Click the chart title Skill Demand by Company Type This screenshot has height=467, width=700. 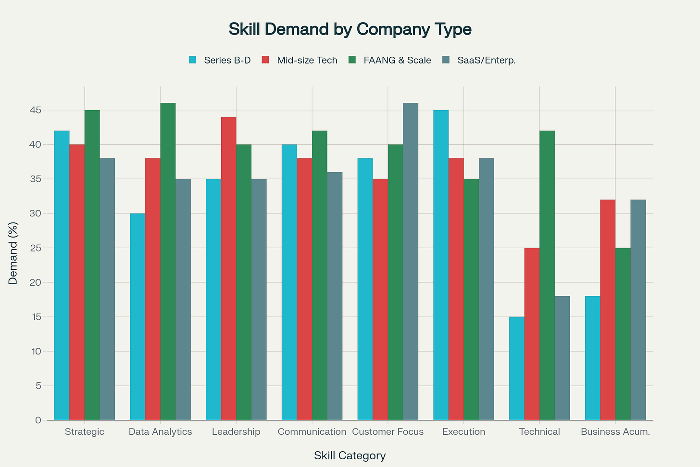pos(350,29)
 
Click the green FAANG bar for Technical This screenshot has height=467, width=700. pos(547,275)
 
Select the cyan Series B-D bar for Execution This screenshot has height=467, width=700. pos(441,265)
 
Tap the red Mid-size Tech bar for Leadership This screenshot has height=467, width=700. pos(229,268)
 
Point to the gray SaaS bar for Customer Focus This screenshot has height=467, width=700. pos(411,262)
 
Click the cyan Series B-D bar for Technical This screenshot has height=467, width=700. pos(517,368)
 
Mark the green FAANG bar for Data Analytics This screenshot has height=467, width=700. pos(168,262)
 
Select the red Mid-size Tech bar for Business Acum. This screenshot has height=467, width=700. pos(608,310)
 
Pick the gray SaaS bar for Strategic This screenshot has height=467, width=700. pos(107,289)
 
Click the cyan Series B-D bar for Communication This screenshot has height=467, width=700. pos(289,282)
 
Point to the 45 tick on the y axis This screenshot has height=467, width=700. pos(35,110)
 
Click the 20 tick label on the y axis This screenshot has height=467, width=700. pos(35,282)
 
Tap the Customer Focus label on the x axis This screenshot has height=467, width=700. pos(387,431)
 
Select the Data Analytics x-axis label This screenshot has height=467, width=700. pos(160,431)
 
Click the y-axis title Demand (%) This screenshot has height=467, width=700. pos(13,253)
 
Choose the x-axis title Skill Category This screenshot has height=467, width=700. pos(350,455)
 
